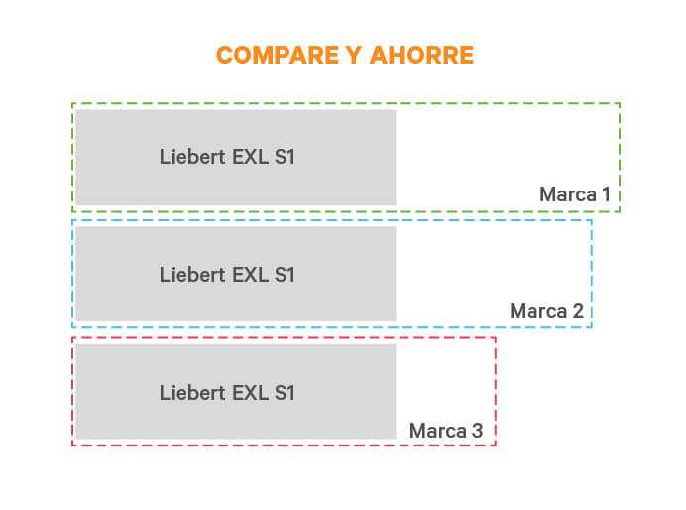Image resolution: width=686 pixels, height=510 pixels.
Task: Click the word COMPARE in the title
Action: (278, 56)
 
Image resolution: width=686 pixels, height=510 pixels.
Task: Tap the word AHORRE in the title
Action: (421, 56)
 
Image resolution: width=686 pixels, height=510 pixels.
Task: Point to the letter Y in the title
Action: (354, 56)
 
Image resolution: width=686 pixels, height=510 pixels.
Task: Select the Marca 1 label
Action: (575, 194)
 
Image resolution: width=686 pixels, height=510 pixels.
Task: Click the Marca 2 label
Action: (547, 311)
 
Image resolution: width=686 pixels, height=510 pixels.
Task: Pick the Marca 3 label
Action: (446, 431)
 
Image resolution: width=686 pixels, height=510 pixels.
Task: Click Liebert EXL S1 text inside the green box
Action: (227, 157)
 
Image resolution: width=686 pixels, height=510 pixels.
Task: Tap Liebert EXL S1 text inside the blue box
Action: (227, 275)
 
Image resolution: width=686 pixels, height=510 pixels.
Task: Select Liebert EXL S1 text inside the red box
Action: (227, 393)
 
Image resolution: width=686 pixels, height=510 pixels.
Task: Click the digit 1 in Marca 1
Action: (607, 194)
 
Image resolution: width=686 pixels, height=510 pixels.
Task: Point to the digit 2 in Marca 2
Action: (578, 311)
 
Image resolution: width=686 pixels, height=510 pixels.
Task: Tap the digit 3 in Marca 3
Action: (477, 431)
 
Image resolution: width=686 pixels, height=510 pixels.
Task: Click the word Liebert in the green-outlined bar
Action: (192, 157)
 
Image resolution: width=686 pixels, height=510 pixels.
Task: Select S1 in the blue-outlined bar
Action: (285, 275)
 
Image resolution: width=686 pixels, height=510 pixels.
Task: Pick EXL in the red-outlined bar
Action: (250, 393)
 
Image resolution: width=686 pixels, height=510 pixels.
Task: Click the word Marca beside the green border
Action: (568, 194)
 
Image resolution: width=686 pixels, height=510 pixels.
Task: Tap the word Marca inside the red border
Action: (438, 431)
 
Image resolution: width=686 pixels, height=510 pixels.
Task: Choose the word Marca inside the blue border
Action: (538, 311)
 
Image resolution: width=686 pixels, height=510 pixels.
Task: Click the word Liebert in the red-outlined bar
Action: (192, 393)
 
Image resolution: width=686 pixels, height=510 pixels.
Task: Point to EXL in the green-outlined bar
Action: (250, 157)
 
